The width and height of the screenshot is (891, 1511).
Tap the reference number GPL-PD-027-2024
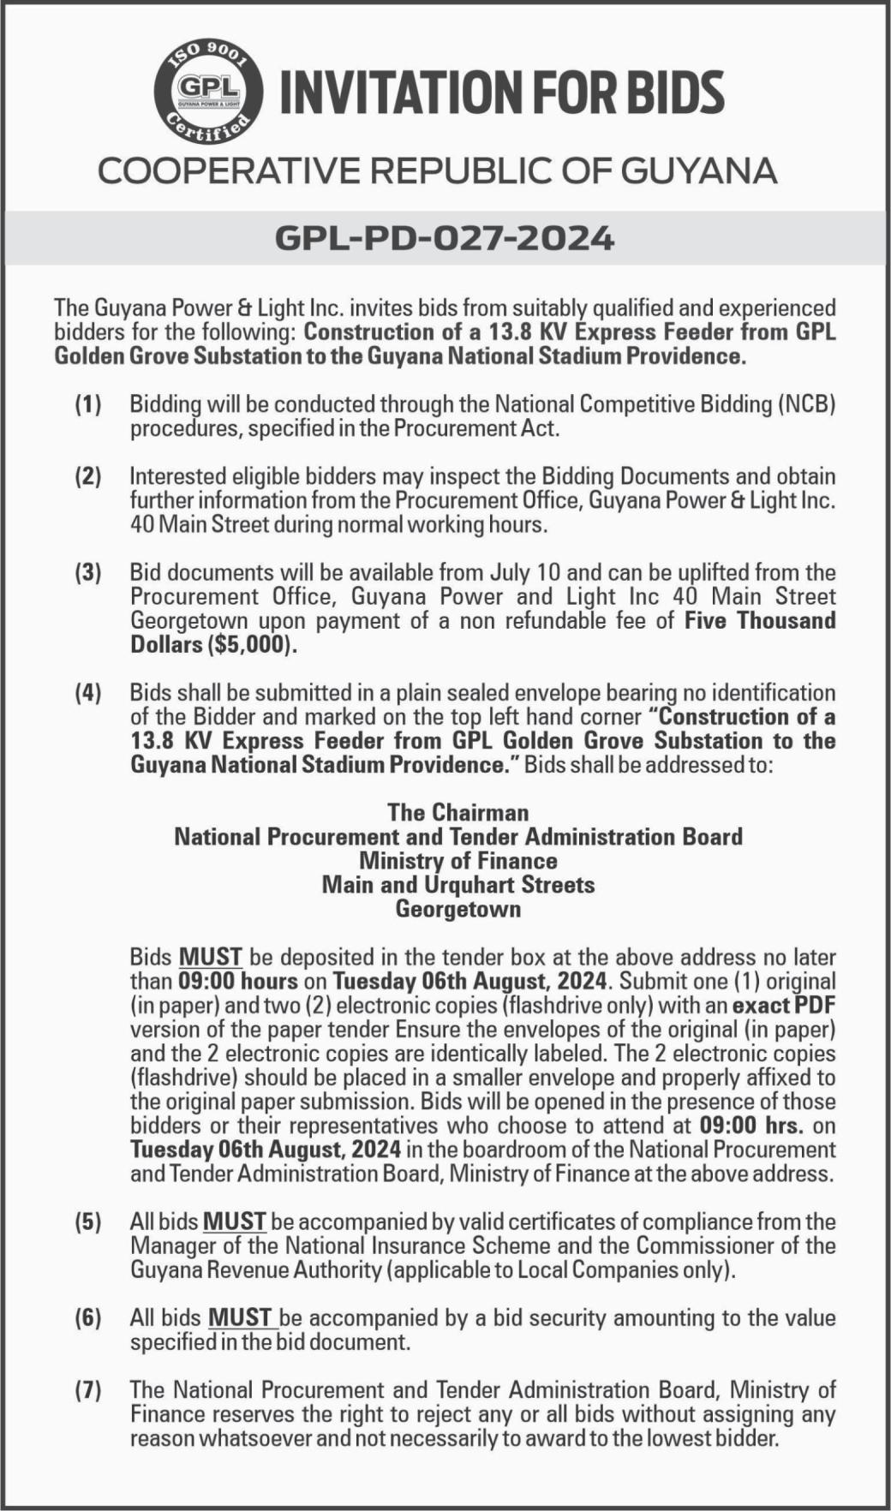pyautogui.click(x=445, y=237)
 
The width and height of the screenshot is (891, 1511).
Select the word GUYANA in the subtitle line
pyautogui.click(x=698, y=170)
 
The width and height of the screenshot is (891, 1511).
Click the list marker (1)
pyautogui.click(x=87, y=404)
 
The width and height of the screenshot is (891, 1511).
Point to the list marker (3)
pyautogui.click(x=87, y=572)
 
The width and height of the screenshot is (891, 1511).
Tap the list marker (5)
pyautogui.click(x=87, y=1221)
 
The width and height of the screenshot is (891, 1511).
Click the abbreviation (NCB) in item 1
pyautogui.click(x=805, y=404)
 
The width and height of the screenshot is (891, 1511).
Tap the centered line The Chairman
pyautogui.click(x=457, y=812)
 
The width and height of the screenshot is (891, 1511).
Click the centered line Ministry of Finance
pyautogui.click(x=457, y=860)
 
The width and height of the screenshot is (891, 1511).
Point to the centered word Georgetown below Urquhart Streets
pyautogui.click(x=457, y=908)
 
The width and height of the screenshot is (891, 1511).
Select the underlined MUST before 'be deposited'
pyautogui.click(x=211, y=957)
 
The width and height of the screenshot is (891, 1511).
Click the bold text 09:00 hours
pyautogui.click(x=237, y=981)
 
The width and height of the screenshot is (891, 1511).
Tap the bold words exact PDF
pyautogui.click(x=784, y=1005)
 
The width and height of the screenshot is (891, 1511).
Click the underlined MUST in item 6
pyautogui.click(x=241, y=1317)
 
